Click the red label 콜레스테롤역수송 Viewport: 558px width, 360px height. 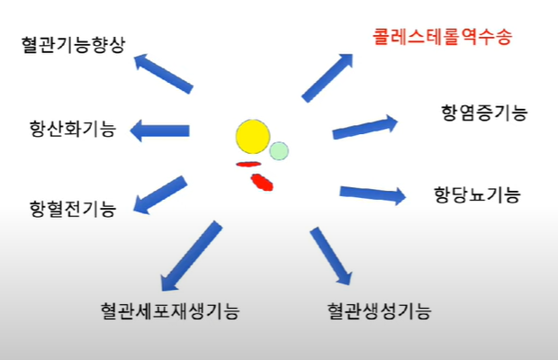(x=442, y=39)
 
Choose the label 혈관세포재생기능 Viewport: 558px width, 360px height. (x=170, y=311)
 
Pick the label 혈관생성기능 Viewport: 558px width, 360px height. (x=379, y=311)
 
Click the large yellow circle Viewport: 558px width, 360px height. (x=253, y=136)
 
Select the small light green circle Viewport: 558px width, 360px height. (x=279, y=150)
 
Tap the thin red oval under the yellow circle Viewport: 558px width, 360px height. (x=247, y=164)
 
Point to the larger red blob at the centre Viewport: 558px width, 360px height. (x=261, y=183)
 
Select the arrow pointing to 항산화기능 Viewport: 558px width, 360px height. (x=160, y=130)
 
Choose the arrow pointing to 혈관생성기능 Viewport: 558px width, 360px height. (x=330, y=256)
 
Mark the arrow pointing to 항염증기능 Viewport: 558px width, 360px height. (x=365, y=127)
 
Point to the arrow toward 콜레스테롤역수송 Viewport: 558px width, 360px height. (x=328, y=76)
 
